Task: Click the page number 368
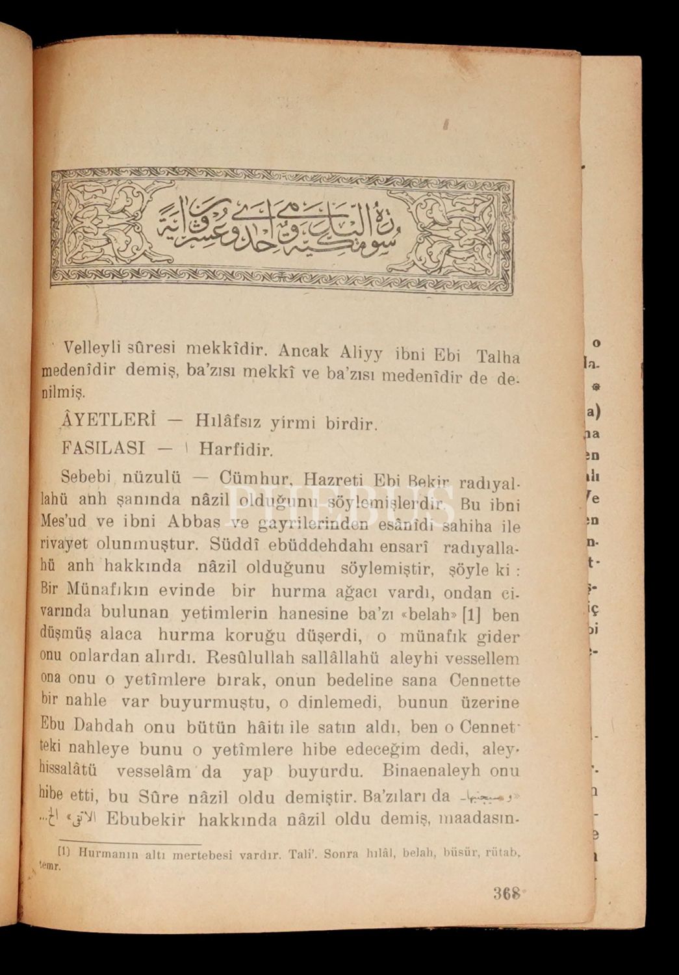click(507, 892)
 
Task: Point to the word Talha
click(498, 357)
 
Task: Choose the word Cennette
click(485, 681)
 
